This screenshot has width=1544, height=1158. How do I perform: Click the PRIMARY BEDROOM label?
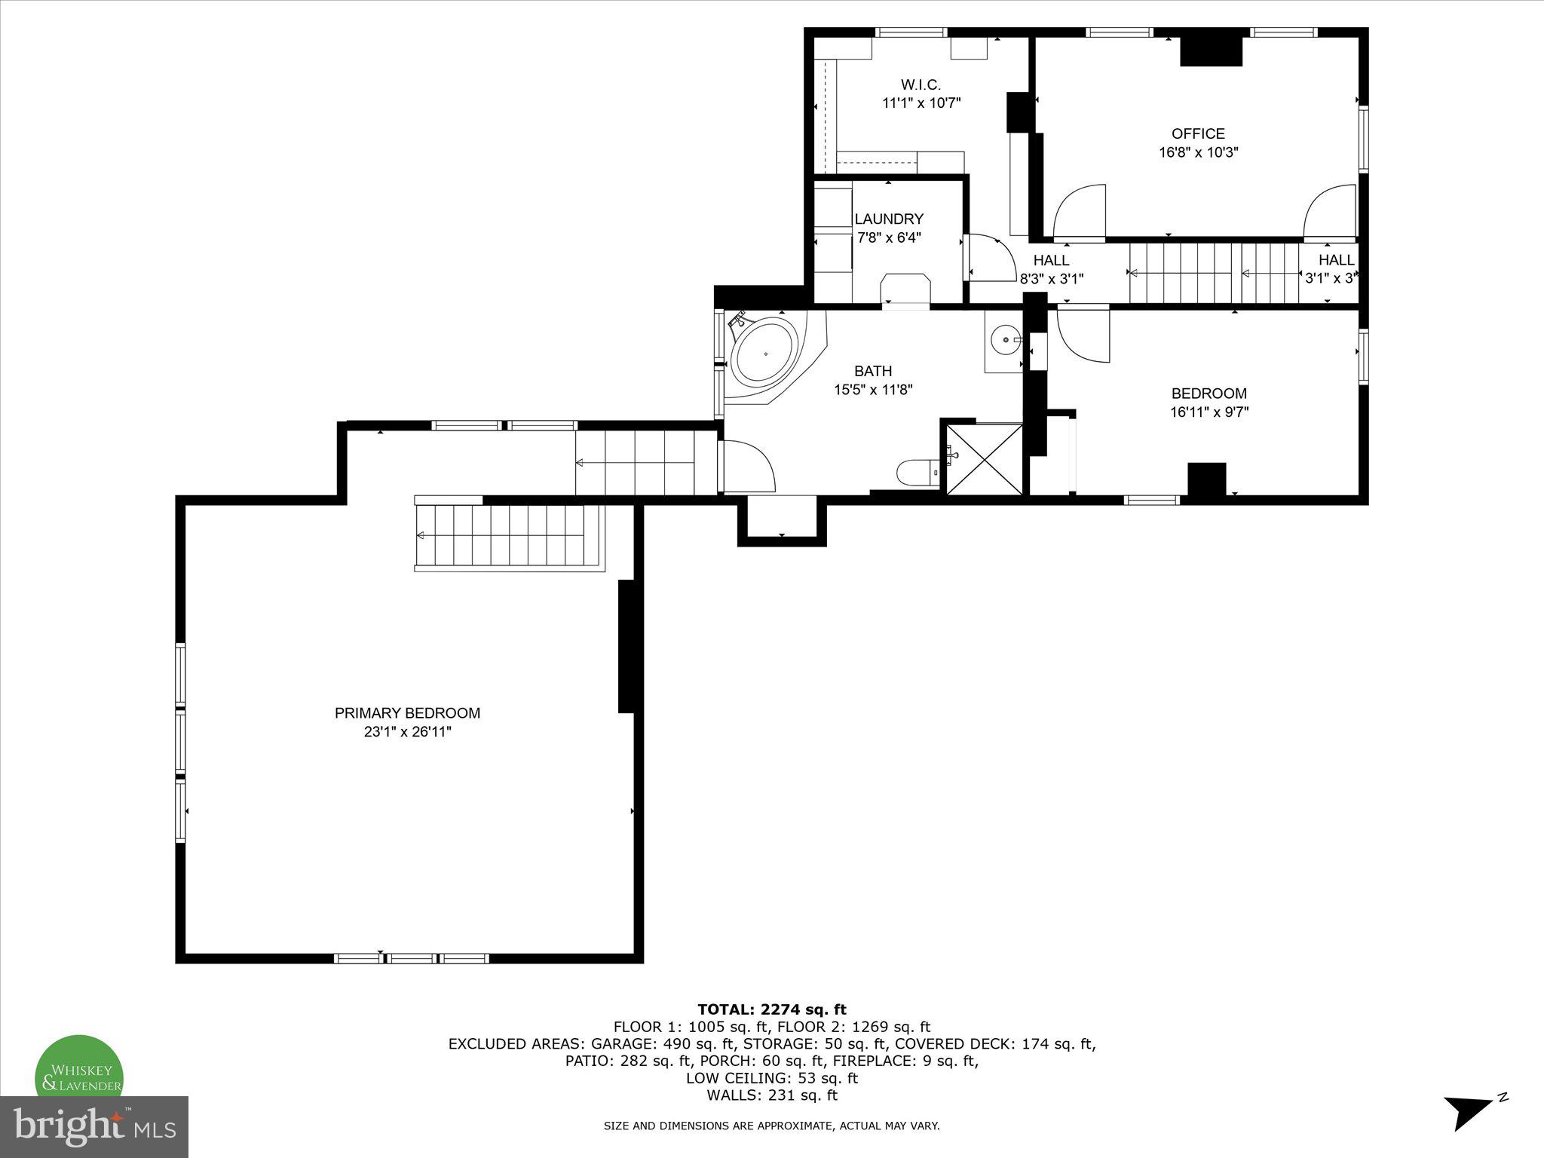(407, 713)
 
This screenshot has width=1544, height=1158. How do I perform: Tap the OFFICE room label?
(1198, 134)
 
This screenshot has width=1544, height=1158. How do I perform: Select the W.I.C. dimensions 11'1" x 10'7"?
(921, 103)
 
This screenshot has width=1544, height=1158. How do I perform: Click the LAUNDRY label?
(889, 219)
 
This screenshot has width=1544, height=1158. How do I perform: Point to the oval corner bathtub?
(764, 354)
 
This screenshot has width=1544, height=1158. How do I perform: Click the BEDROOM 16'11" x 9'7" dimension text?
(1209, 412)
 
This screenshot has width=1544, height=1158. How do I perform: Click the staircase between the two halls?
(1214, 273)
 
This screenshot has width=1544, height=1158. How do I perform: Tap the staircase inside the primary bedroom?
(509, 535)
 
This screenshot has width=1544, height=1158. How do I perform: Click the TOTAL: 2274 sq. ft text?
(771, 1009)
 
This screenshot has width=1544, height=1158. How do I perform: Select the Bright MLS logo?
(94, 1126)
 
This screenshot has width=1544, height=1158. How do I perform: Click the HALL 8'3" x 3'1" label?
(1051, 269)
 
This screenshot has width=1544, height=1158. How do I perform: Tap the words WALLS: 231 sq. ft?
(771, 1095)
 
